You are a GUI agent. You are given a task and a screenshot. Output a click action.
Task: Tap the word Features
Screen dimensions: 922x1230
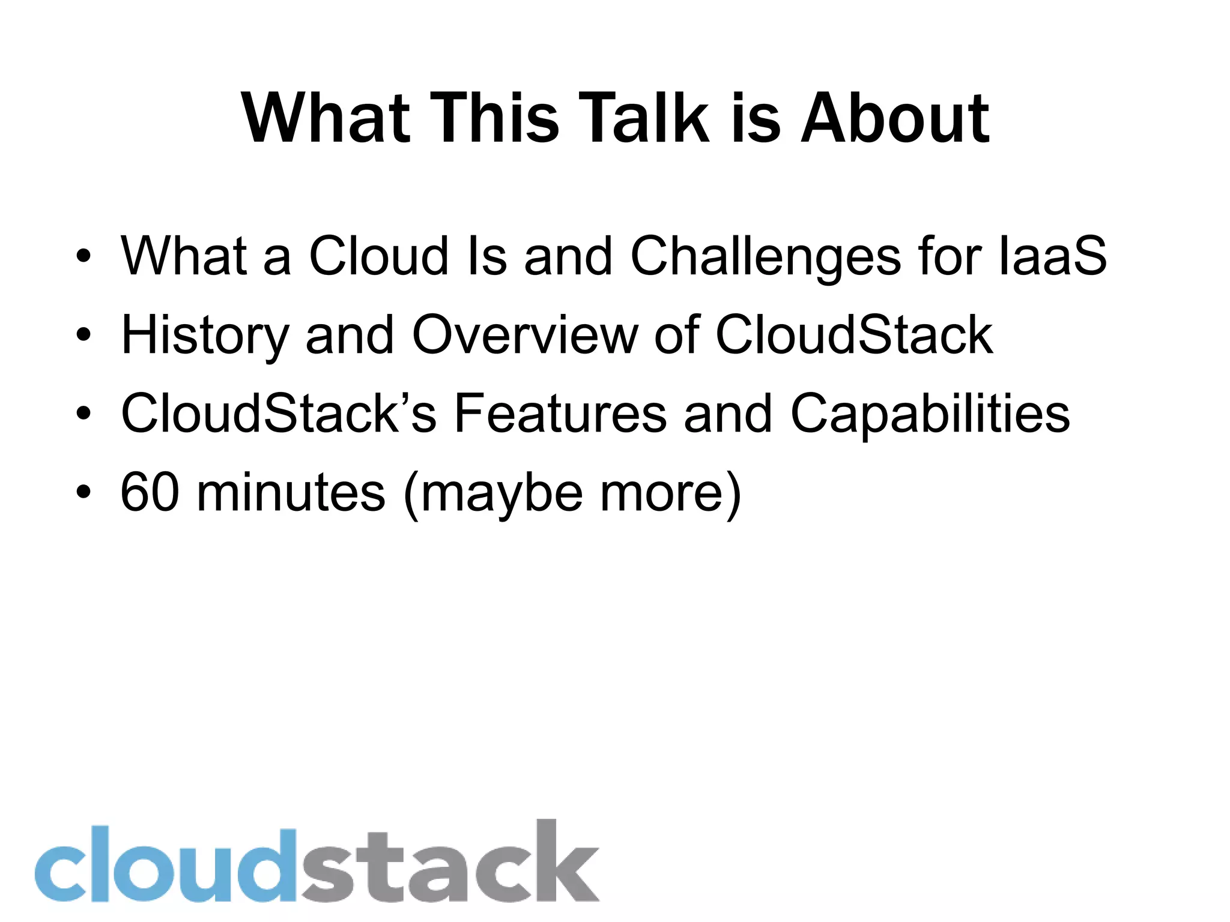[x=560, y=414]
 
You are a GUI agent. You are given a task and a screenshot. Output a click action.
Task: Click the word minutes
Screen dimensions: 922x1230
[x=291, y=492]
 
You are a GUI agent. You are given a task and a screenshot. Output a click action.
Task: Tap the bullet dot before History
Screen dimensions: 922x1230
[x=83, y=335]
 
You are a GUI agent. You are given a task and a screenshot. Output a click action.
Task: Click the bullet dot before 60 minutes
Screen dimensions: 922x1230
[x=83, y=492]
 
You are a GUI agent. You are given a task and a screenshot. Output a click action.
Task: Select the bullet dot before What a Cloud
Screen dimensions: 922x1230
[x=83, y=256]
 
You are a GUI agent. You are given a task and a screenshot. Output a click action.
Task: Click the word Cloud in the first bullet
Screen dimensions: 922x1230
[x=378, y=256]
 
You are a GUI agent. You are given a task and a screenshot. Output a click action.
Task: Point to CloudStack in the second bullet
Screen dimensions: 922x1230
[x=853, y=335]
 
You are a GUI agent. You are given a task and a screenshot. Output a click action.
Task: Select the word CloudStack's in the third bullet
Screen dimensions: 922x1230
[x=279, y=414]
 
